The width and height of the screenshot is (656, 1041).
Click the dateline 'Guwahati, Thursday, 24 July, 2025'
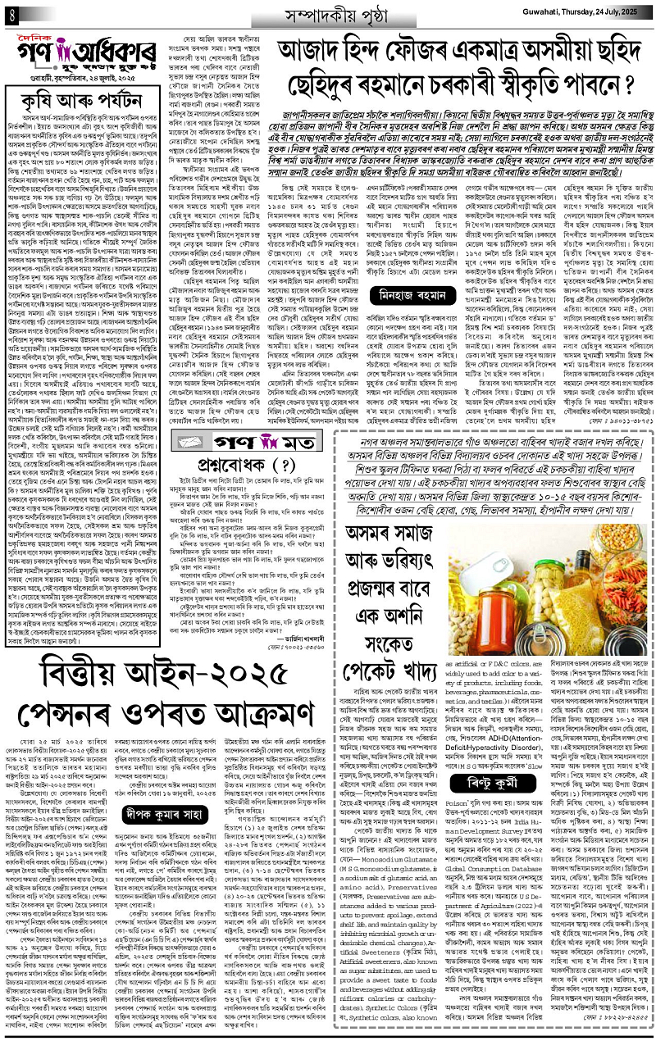click(x=574, y=14)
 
